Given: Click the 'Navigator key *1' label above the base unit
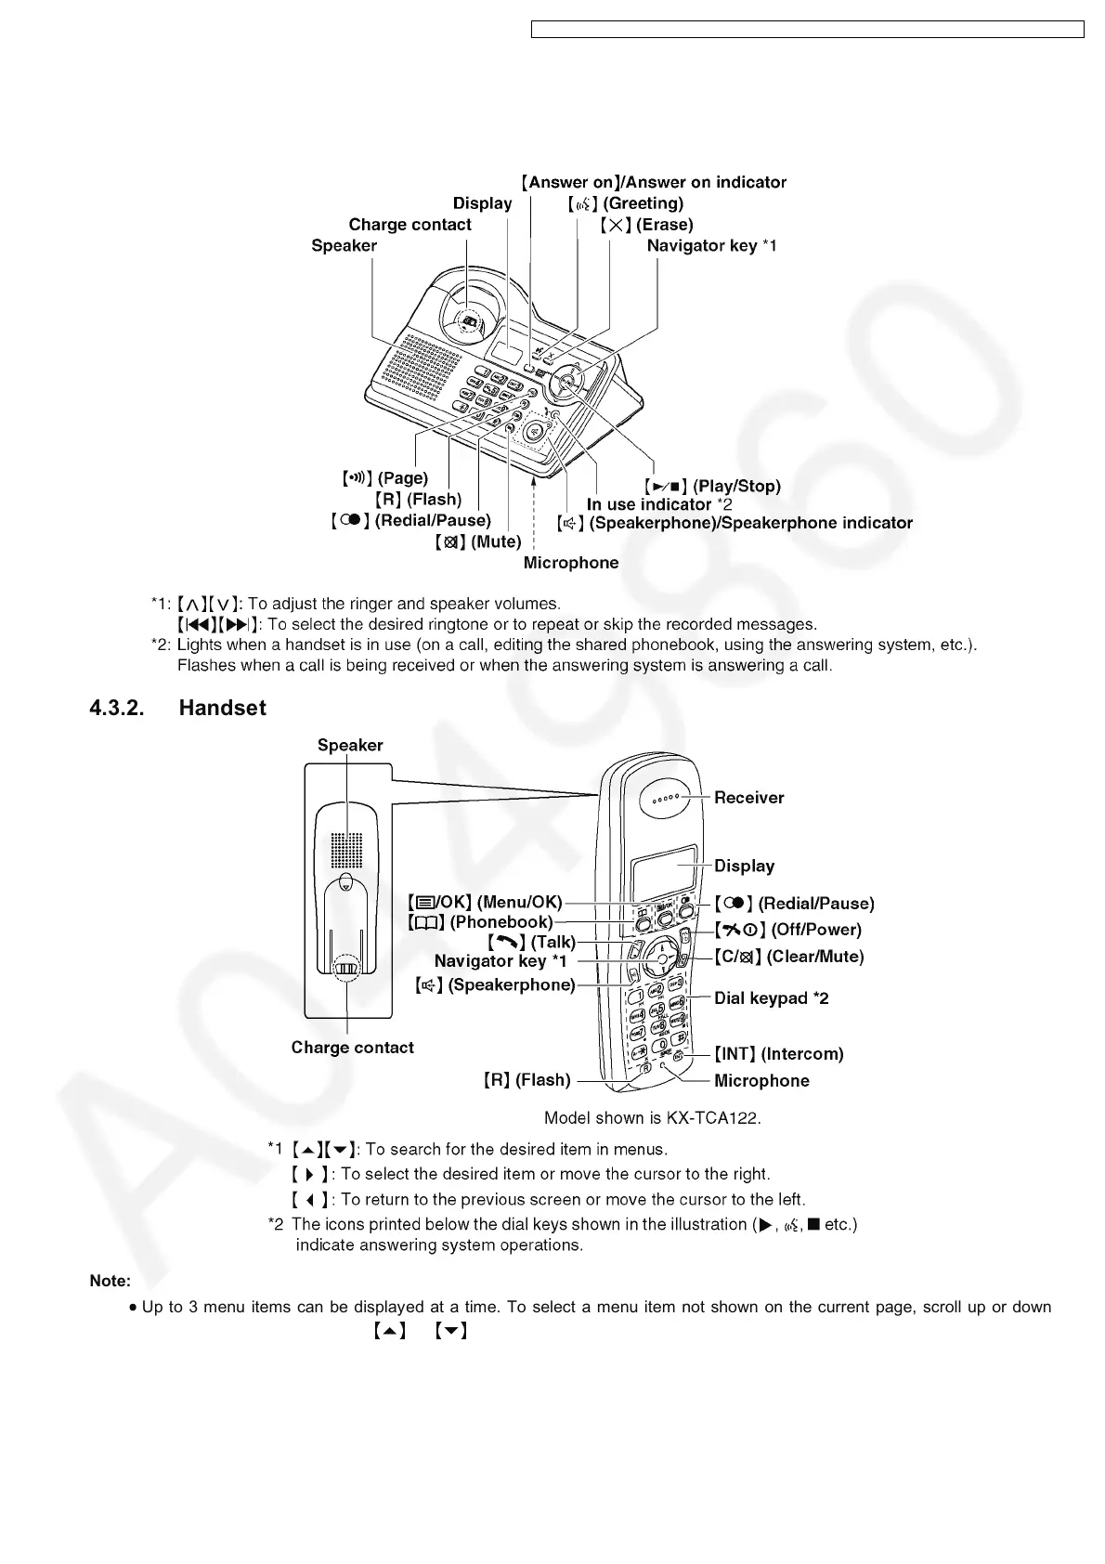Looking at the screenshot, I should coord(711,246).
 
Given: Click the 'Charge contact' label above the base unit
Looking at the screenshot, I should coord(409,225).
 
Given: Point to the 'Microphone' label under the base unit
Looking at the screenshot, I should coord(570,563).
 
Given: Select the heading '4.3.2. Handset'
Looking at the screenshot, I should coord(177,708).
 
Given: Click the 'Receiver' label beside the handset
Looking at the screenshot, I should coord(748,798).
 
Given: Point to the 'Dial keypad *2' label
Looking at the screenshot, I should coord(771,998).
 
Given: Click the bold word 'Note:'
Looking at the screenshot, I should coord(110,1281).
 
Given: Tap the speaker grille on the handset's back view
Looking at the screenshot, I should coord(347,848).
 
